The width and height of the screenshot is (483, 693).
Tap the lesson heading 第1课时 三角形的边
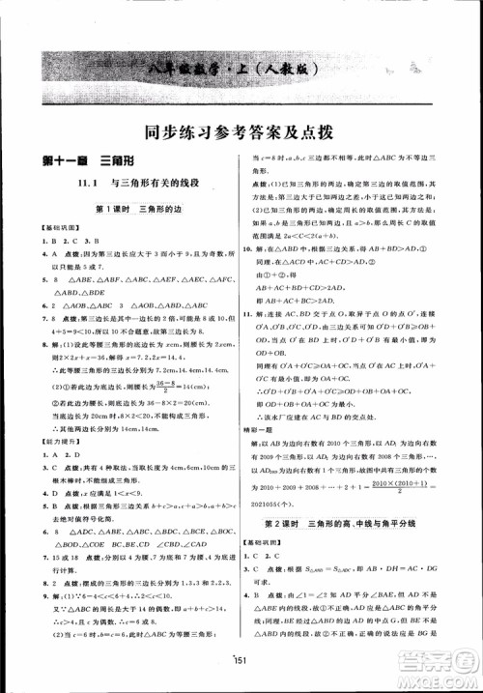[130, 207]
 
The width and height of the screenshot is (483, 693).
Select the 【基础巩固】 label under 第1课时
[43, 225]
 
